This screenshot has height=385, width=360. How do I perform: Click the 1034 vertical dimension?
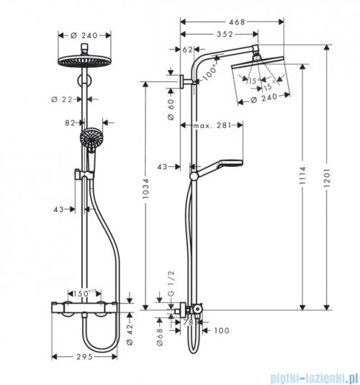(x=147, y=198)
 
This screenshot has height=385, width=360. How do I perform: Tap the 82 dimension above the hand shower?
(x=70, y=122)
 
